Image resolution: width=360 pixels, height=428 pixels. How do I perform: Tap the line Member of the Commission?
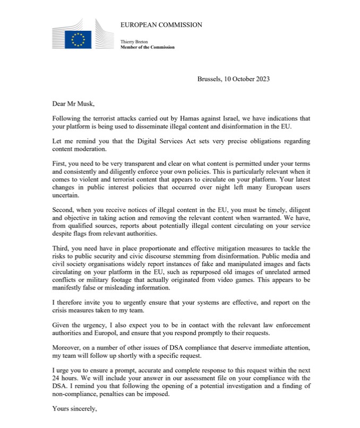[148, 47]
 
